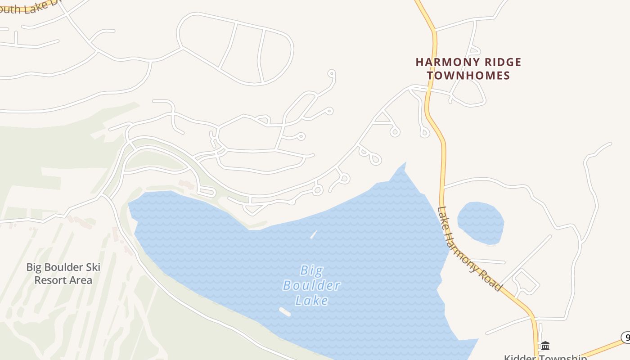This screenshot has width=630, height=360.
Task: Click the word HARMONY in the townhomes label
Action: [443, 62]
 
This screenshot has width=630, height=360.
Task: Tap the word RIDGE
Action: [499, 62]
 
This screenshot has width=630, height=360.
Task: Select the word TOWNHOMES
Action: [468, 75]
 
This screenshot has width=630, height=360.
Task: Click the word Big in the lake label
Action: [311, 270]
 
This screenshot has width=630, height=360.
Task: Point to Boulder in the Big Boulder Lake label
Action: [311, 285]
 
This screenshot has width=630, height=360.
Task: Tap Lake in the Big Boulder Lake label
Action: [311, 300]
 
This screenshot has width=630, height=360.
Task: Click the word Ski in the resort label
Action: [91, 267]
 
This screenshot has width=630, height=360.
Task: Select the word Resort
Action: [50, 280]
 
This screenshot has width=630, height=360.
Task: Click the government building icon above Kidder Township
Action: [545, 346]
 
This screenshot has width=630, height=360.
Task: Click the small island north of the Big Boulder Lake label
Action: [314, 234]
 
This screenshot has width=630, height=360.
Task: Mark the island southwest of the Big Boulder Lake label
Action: [285, 311]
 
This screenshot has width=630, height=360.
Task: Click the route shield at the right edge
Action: [626, 337]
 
